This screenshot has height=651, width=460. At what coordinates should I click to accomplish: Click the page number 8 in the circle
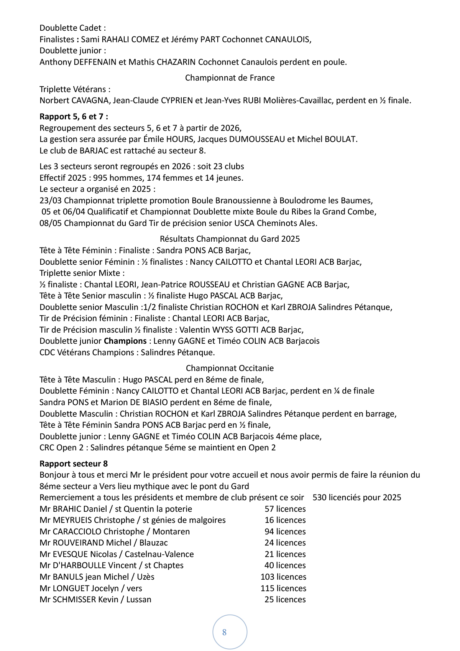point(225,632)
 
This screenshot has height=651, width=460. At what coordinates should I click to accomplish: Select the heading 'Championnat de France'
point(230,78)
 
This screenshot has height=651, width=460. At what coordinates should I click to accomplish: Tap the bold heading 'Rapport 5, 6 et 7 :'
point(74,117)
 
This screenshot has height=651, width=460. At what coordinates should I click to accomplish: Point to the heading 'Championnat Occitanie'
point(230,368)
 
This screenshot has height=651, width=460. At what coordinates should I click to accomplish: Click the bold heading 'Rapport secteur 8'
point(74,463)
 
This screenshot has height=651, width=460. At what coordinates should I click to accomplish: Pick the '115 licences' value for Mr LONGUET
point(283,588)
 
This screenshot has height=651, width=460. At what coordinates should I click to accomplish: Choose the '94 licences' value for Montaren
point(285,532)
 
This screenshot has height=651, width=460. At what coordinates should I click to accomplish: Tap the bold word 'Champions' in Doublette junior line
point(125,341)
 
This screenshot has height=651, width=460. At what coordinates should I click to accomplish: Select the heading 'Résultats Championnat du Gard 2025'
point(230,239)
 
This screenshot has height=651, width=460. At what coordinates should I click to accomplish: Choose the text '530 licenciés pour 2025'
point(357,498)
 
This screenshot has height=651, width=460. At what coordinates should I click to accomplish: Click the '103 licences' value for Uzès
point(283,577)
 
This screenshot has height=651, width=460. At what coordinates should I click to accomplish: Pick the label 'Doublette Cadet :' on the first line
point(72,28)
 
